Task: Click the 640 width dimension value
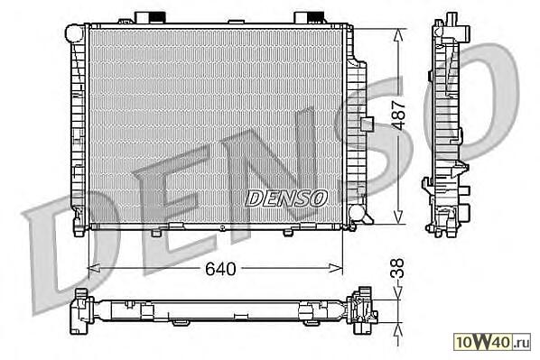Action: click(x=220, y=269)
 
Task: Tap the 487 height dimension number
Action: click(x=399, y=115)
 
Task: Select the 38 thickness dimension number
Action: click(x=397, y=268)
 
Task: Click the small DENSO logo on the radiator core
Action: click(x=286, y=198)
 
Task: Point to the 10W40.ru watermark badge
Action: click(x=492, y=341)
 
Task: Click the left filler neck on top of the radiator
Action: click(x=150, y=17)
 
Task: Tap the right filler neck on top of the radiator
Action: click(x=309, y=17)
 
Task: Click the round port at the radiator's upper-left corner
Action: click(x=74, y=33)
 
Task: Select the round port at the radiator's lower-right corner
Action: click(x=357, y=214)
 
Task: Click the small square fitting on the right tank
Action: click(x=368, y=125)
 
